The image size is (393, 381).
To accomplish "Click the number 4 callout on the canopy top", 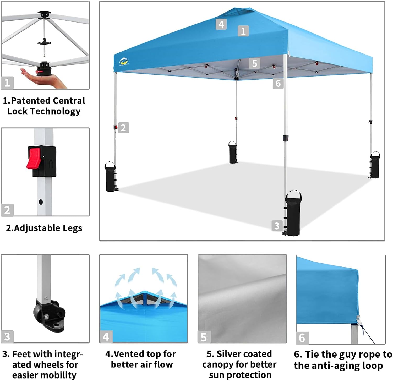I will (x=221, y=24).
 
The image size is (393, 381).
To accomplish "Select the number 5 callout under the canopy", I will (x=254, y=63).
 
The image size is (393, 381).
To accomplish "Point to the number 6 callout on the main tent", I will (x=278, y=83).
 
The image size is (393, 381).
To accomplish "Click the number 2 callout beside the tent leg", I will (x=123, y=128).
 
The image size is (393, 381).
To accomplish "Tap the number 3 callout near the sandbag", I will (x=277, y=226).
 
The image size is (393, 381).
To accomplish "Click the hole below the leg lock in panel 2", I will (x=41, y=202).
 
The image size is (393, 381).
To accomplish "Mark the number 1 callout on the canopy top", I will (x=243, y=31).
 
